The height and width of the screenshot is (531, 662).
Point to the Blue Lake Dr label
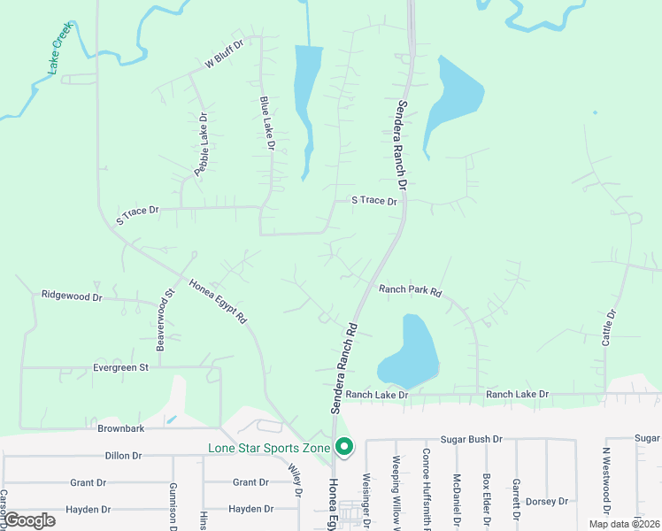point(267,123)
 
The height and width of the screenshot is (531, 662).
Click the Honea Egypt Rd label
point(217,301)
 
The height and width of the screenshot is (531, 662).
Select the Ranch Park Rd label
point(410,289)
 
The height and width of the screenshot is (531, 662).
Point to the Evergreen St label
point(119,367)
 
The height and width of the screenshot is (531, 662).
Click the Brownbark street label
point(121,428)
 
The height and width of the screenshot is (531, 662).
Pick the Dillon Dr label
point(123,456)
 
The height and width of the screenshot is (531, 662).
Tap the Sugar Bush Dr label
point(472,439)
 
